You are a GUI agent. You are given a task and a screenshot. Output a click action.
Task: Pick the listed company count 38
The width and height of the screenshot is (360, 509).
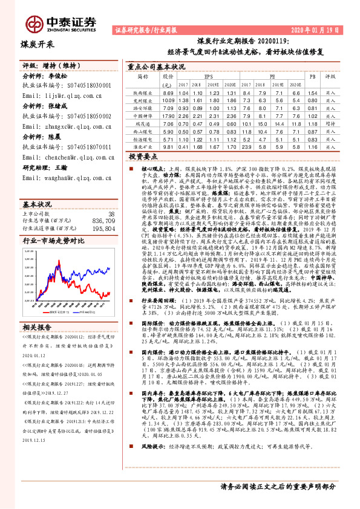pyautogui.click(x=111, y=196)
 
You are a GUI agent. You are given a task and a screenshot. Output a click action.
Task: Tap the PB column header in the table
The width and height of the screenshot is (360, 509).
pyautogui.click(x=312, y=77)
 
